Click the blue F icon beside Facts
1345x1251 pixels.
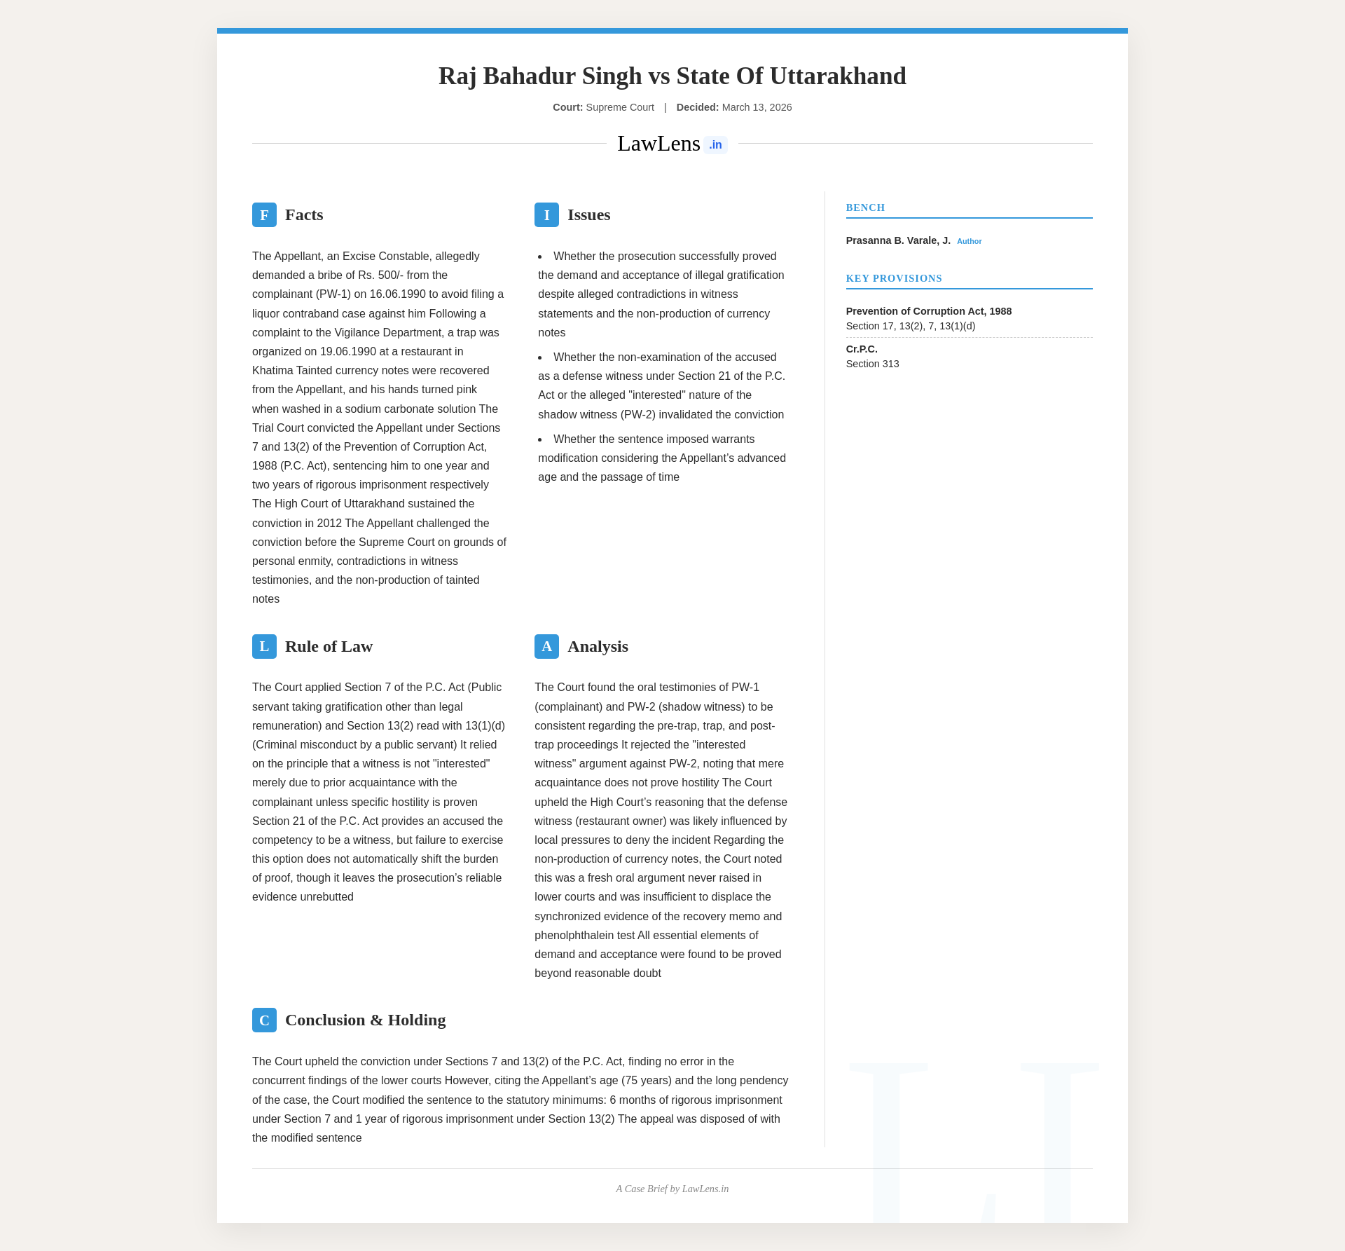(264, 214)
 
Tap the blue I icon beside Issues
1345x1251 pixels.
(546, 214)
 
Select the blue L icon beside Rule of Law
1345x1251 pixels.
(264, 646)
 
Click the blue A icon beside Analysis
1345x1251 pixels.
(546, 646)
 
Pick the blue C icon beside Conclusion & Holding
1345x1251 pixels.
(264, 1020)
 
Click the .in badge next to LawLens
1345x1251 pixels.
(715, 145)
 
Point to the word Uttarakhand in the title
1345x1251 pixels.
(838, 76)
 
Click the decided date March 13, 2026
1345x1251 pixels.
(757, 107)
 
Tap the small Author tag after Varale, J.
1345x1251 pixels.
(969, 241)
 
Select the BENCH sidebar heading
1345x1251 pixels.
(865, 207)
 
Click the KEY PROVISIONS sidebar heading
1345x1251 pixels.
(894, 278)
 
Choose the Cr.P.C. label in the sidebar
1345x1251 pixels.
(862, 349)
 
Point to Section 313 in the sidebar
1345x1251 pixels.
(872, 364)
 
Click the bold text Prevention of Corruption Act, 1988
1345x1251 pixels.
(928, 311)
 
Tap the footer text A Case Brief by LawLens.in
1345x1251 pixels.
(672, 1189)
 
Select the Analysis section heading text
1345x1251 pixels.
(598, 646)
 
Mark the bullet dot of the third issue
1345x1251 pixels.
(540, 439)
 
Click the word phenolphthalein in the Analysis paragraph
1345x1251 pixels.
(584, 936)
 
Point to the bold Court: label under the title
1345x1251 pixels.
(567, 107)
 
